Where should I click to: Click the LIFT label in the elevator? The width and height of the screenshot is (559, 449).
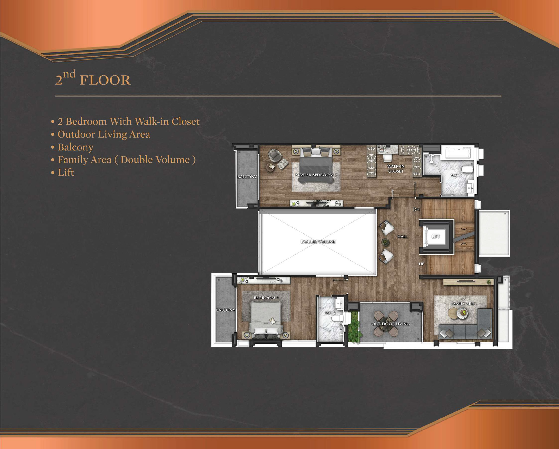point(435,236)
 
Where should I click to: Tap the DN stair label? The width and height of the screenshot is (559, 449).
point(416,209)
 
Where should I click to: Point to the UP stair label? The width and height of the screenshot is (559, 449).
point(421,264)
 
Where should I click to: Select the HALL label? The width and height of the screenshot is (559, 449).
point(403,236)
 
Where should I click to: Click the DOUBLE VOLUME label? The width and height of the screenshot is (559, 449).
point(318,242)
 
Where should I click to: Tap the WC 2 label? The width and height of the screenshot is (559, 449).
point(456,175)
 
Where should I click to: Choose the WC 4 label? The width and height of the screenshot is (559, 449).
point(330,313)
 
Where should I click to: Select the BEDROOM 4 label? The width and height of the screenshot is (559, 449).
point(266,298)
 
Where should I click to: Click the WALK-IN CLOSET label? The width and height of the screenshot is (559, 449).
point(396,169)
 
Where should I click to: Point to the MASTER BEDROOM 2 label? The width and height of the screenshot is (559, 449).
point(316,175)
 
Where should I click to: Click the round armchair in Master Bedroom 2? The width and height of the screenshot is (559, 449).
point(275,155)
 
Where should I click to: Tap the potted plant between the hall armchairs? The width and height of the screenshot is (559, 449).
point(385,242)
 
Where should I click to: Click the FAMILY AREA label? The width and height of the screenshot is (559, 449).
point(463,303)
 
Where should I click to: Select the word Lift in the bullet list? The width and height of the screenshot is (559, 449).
point(66,172)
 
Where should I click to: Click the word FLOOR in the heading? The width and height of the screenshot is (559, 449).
point(105,80)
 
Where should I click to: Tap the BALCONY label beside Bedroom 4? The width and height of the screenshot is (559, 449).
point(226,310)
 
